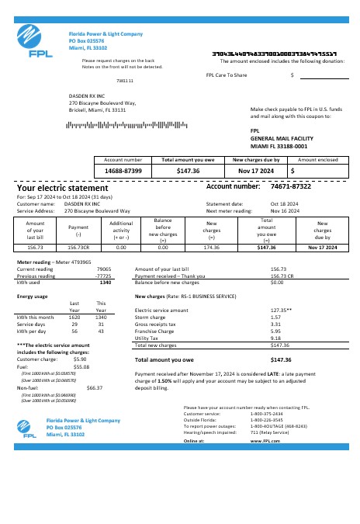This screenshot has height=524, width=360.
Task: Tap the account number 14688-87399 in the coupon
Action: (x=123, y=169)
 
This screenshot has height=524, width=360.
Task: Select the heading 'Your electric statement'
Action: (x=63, y=188)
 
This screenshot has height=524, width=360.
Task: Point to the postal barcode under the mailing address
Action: (x=117, y=124)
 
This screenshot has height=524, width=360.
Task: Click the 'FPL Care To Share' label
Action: (x=227, y=75)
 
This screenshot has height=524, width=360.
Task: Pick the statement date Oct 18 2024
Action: (x=283, y=203)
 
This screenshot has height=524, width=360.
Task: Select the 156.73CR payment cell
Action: (x=78, y=247)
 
